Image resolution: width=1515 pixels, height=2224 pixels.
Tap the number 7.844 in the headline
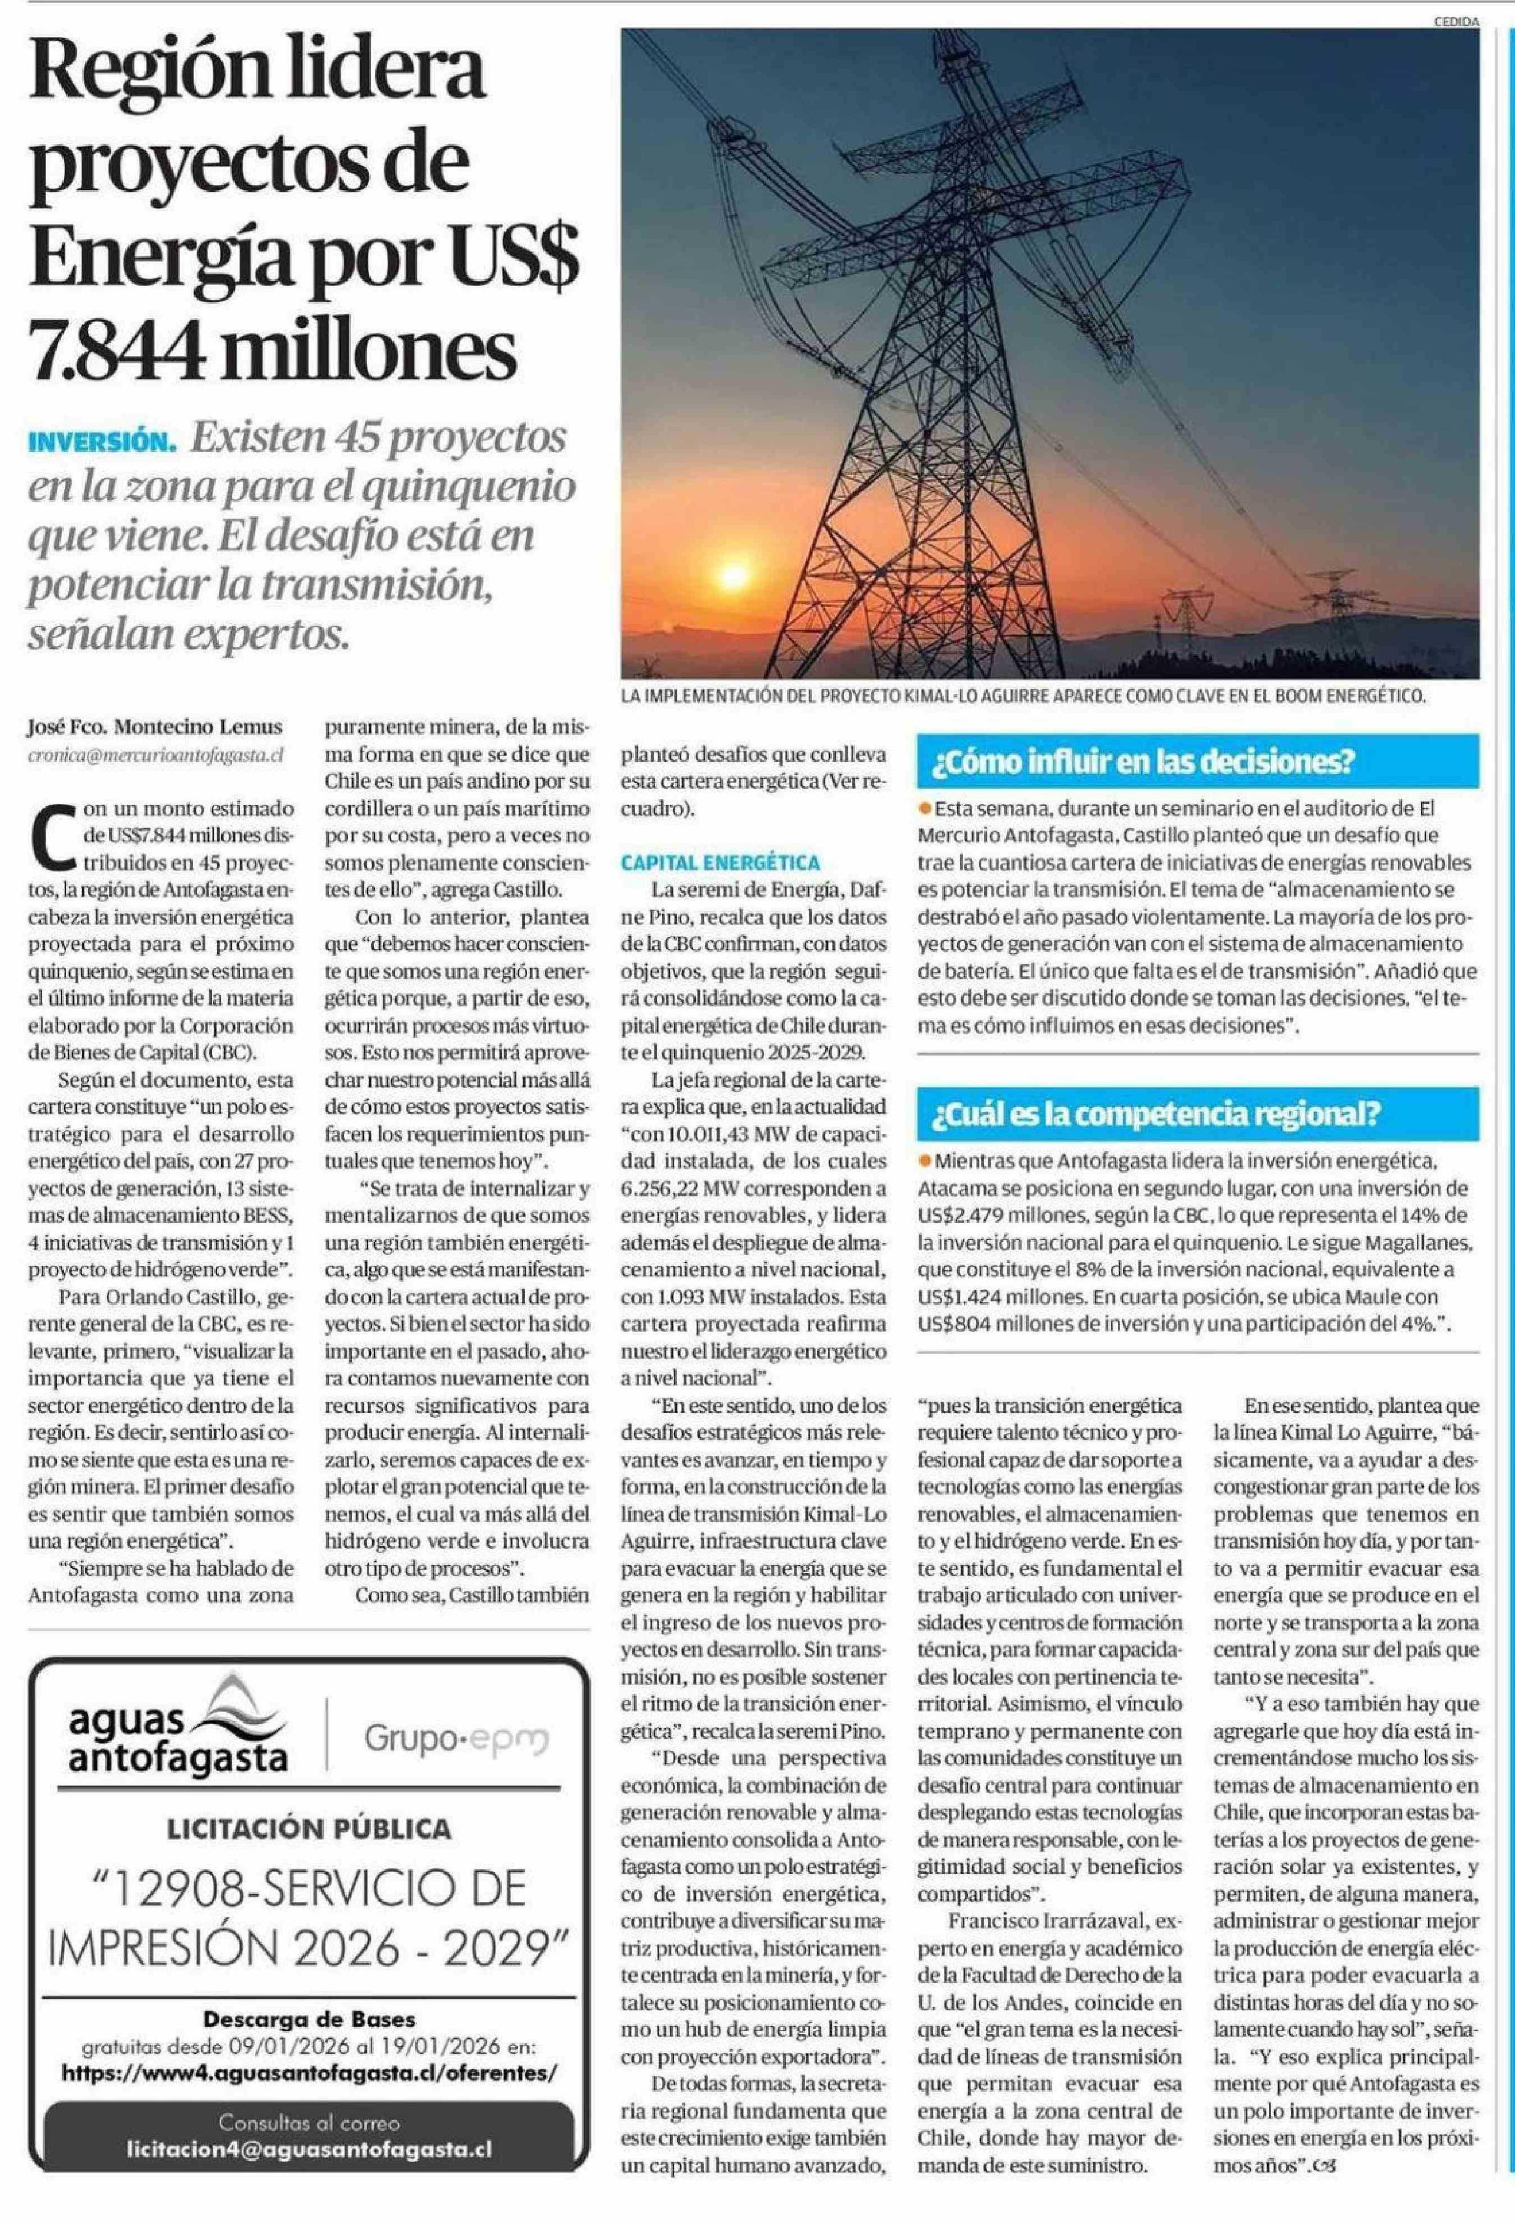[x=115, y=351]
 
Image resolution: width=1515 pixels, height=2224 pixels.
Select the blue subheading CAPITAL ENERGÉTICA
[x=719, y=862]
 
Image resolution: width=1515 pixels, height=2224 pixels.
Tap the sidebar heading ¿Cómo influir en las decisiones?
[x=1146, y=763]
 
